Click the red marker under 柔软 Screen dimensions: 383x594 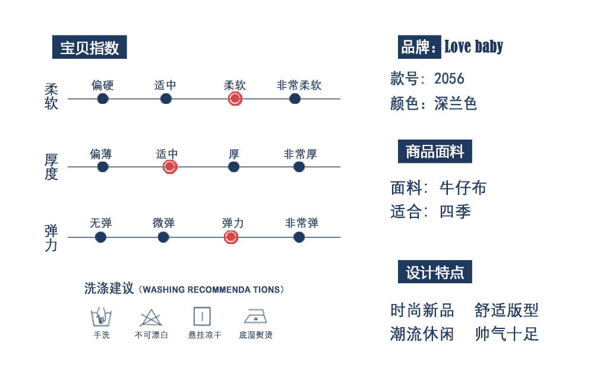[235, 99]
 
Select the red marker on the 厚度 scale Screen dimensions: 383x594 [169, 167]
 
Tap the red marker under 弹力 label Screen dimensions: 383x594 [231, 238]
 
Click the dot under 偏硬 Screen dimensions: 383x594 [103, 99]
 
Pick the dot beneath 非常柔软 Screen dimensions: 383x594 [295, 99]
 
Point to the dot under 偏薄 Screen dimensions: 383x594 [103, 167]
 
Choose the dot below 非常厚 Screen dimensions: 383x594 [299, 167]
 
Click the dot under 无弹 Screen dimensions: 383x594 [100, 238]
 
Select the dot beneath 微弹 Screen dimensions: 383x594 [163, 238]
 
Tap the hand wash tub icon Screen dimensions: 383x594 [102, 316]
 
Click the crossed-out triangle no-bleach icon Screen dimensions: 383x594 [151, 318]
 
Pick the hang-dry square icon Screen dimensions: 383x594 [202, 316]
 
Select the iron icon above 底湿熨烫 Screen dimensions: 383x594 [255, 316]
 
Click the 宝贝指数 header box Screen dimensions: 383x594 [90, 48]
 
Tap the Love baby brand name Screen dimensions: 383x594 [473, 47]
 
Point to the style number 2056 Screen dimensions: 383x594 [449, 78]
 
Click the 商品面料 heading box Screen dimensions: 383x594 [435, 152]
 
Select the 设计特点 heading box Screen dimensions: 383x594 [435, 272]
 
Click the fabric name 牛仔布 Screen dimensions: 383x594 [463, 188]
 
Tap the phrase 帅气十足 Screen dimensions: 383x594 [507, 334]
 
